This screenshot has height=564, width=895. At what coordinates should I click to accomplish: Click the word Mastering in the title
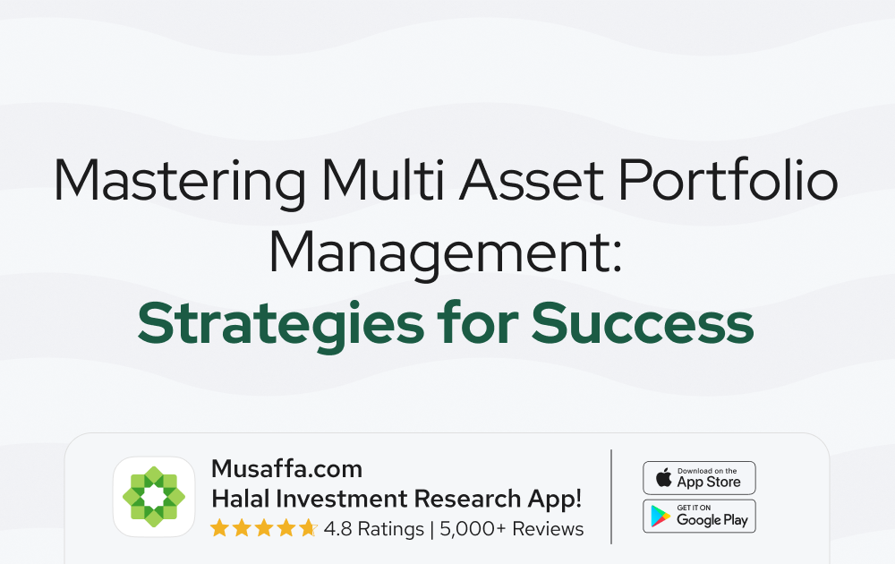pos(180,180)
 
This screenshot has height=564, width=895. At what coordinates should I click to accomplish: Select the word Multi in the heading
pos(382,179)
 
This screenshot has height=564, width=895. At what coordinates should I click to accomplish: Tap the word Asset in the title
pos(532,180)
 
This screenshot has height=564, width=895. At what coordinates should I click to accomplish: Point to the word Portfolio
pos(729,179)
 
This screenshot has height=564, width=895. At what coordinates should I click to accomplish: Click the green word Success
pos(643,323)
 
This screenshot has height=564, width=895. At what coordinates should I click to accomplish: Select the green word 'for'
pos(478,322)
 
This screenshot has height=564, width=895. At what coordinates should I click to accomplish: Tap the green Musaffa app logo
pos(154,497)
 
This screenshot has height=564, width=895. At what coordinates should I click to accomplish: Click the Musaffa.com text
pos(286,469)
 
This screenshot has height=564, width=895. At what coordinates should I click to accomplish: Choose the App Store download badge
pos(699,478)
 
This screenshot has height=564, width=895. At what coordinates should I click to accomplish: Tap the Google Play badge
pos(699,516)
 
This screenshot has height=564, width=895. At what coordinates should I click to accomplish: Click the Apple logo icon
pos(664,477)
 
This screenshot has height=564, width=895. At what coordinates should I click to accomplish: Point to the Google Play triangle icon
pos(661,516)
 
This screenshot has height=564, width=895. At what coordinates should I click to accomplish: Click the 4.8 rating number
pos(338,529)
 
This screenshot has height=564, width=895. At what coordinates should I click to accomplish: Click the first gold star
pos(219,528)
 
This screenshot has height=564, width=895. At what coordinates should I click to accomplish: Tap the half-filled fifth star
pos(308,528)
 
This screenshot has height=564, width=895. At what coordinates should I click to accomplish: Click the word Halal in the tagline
pos(240,499)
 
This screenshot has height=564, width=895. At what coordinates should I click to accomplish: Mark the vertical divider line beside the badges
pos(611,497)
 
